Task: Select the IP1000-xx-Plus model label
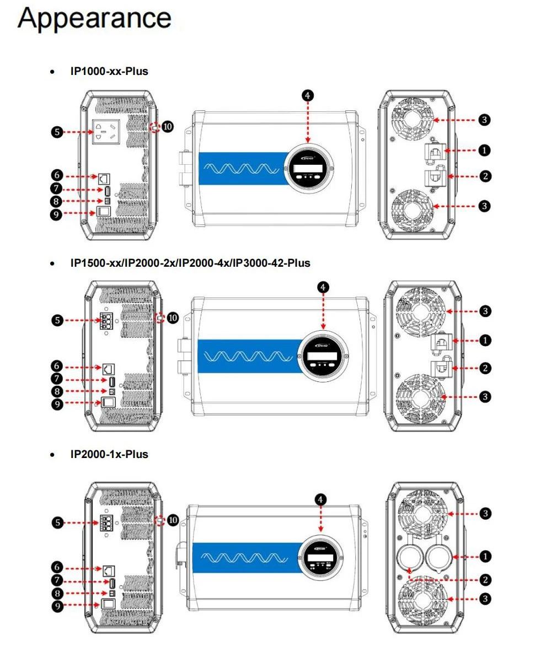click(x=109, y=71)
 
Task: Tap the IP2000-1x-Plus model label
click(x=109, y=454)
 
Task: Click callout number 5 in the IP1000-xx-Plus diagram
click(x=56, y=132)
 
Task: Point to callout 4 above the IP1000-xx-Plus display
click(x=308, y=95)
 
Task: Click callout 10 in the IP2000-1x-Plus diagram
click(x=173, y=520)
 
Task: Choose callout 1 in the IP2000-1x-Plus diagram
click(x=485, y=557)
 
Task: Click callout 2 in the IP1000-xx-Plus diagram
click(x=485, y=176)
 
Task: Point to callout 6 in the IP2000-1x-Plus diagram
click(x=56, y=567)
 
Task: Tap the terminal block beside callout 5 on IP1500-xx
click(x=106, y=322)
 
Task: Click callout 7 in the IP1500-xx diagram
click(x=56, y=379)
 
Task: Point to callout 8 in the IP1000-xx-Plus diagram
click(x=56, y=201)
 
